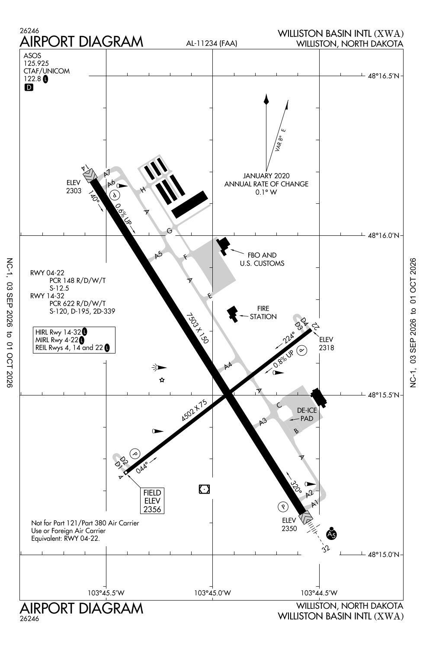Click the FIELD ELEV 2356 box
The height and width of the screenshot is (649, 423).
(x=152, y=501)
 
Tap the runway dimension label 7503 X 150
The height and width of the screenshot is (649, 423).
(x=197, y=328)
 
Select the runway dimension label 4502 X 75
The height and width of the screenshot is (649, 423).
(x=194, y=410)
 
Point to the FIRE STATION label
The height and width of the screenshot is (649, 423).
(x=263, y=313)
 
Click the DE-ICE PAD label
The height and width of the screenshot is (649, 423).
(x=307, y=414)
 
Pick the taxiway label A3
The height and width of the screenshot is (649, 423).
(x=263, y=422)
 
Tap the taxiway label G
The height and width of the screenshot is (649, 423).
(x=170, y=231)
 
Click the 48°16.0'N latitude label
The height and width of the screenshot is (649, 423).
(x=384, y=235)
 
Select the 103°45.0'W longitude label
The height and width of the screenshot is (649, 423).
(x=212, y=593)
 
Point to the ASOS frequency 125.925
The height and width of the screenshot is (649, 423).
(x=36, y=63)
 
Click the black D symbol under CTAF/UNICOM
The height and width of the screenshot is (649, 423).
(x=29, y=87)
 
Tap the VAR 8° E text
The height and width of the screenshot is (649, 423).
(x=280, y=140)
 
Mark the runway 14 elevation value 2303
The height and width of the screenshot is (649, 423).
(x=74, y=191)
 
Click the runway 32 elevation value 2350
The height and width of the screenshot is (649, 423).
(x=289, y=528)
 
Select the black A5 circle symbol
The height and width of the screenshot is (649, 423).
(x=331, y=534)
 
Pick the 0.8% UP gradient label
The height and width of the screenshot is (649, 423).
(x=283, y=359)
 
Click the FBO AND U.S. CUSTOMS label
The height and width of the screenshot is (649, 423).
(x=262, y=259)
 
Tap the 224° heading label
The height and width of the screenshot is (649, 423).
(x=288, y=338)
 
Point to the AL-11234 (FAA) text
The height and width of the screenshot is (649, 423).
(x=211, y=43)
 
